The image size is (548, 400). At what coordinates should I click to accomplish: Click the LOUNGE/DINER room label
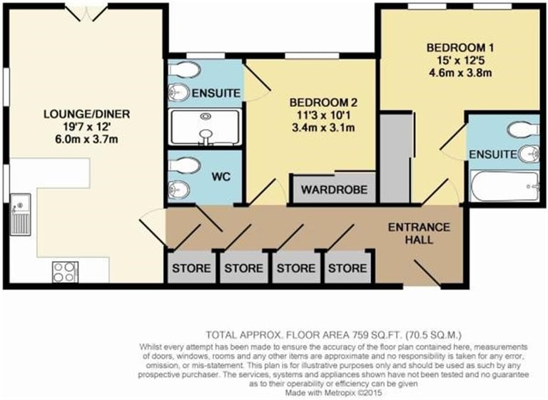pos(86,114)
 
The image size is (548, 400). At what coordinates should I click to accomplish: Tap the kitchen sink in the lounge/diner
pos(20,214)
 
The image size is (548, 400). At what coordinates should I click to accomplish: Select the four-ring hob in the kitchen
pos(65,272)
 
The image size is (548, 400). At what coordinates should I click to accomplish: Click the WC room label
pos(221,176)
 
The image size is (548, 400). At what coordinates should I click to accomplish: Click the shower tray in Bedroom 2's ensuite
pos(205,127)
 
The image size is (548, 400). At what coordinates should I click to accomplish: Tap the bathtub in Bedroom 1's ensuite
pos(504,186)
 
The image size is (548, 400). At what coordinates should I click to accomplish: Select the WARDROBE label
pos(334,190)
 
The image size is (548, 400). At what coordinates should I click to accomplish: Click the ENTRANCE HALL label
pos(419,233)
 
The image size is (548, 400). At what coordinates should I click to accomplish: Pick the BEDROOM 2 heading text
pos(324,103)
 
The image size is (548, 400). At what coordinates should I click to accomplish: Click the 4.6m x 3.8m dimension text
pos(460,73)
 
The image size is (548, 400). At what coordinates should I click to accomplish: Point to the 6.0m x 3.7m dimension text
pos(86,139)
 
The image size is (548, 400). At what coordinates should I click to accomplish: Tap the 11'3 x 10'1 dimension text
pos(323,116)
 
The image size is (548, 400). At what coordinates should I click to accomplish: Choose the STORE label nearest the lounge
pos(191,268)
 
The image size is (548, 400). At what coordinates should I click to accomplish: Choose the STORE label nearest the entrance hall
pos(347,268)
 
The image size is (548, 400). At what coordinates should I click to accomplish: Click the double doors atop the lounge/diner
pos(86,12)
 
